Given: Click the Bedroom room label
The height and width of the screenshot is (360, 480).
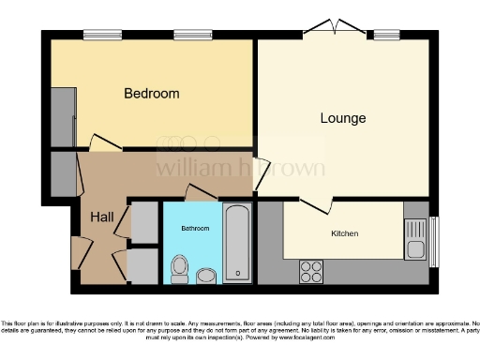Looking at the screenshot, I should pyautogui.click(x=152, y=94).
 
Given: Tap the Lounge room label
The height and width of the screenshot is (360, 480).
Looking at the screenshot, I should pyautogui.click(x=342, y=118).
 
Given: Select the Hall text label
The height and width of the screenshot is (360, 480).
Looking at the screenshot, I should pyautogui.click(x=102, y=217).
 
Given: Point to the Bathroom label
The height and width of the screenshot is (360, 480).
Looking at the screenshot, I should pyautogui.click(x=195, y=229).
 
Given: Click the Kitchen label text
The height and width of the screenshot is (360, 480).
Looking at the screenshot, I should pyautogui.click(x=345, y=233).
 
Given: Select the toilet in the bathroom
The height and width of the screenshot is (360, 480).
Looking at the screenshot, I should pyautogui.click(x=178, y=269).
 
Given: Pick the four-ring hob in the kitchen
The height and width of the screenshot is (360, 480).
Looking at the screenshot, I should pyautogui.click(x=310, y=271).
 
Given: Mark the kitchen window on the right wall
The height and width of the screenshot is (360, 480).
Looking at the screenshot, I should pyautogui.click(x=433, y=243).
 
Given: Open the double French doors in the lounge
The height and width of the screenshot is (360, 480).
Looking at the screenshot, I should pyautogui.click(x=332, y=29).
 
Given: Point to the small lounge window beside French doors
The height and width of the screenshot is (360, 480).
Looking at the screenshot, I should pyautogui.click(x=385, y=36).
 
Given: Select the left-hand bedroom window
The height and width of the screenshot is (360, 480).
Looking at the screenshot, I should pyautogui.click(x=96, y=36).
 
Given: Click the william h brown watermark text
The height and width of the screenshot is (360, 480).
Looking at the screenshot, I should pyautogui.click(x=240, y=169).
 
